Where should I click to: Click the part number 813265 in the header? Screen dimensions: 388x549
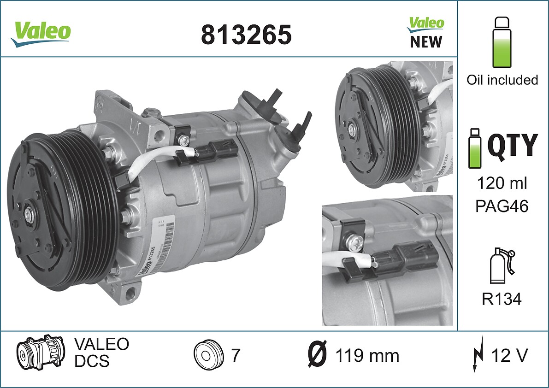246,35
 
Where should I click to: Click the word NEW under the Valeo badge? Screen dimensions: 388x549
425,42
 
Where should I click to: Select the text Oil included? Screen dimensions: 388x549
502,80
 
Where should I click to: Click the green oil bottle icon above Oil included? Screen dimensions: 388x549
502,42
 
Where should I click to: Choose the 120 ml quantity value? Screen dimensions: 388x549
502,183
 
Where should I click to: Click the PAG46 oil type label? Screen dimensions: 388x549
502,206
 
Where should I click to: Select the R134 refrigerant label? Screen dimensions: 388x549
502,300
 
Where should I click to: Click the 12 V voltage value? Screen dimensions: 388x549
509,355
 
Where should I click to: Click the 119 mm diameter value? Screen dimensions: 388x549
367,356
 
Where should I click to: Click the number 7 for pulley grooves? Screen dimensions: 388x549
235,355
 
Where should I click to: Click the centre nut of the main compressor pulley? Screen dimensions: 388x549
30,215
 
